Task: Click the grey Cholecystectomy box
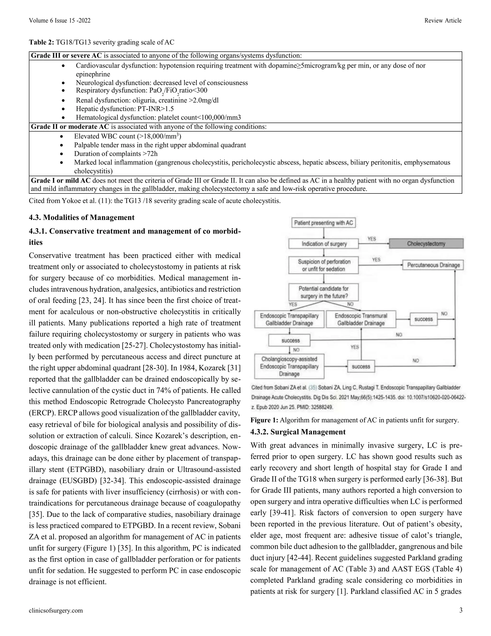pyautogui.click(x=426, y=243)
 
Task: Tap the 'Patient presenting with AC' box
pyautogui.click(x=323, y=223)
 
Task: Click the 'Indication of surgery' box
pyautogui.click(x=324, y=244)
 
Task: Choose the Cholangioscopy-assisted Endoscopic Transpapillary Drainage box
pyautogui.click(x=289, y=366)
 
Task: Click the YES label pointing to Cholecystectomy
pyautogui.click(x=371, y=239)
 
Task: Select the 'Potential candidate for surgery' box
pyautogui.click(x=323, y=292)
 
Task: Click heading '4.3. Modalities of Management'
pyautogui.click(x=82, y=217)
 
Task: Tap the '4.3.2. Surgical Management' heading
pyautogui.click(x=298, y=432)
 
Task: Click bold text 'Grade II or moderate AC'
pyautogui.click(x=70, y=127)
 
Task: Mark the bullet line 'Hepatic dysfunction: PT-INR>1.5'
pyautogui.click(x=125, y=109)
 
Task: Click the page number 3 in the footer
pyautogui.click(x=461, y=610)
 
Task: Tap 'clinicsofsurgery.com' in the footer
pyautogui.click(x=56, y=610)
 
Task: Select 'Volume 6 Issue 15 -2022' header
pyautogui.click(x=60, y=20)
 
